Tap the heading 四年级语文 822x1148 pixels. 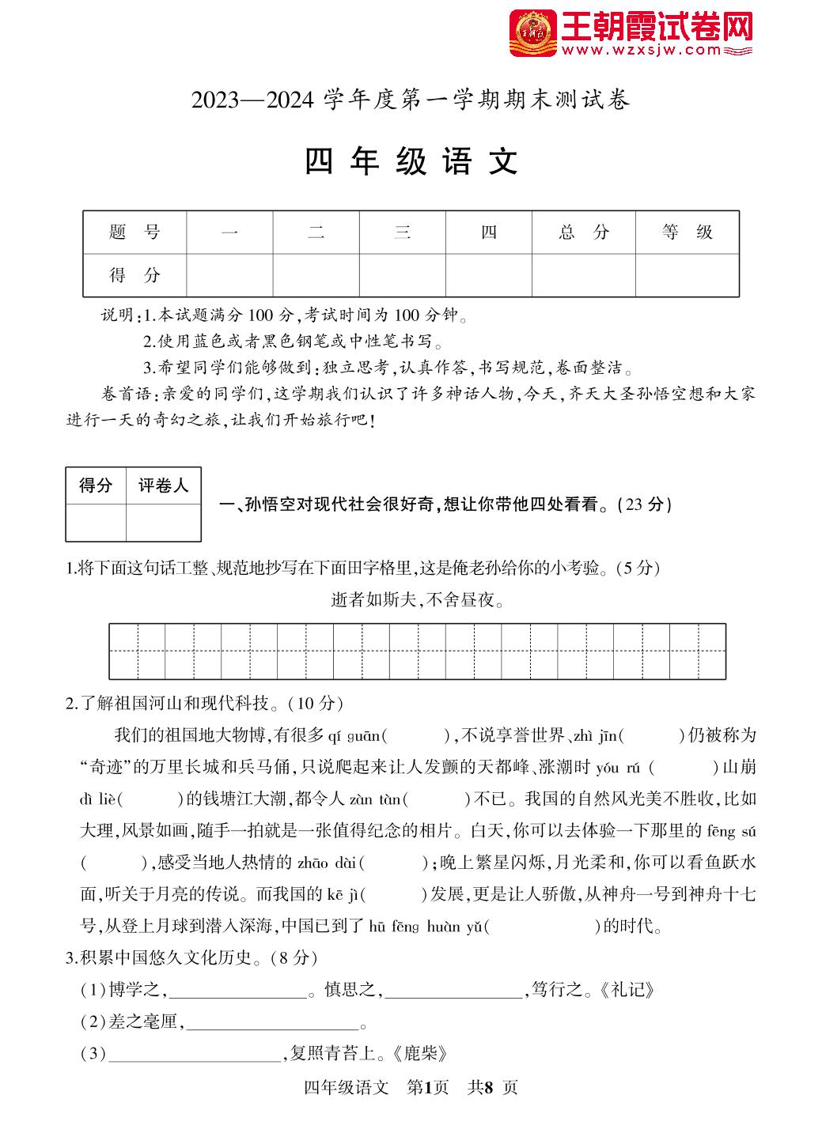[x=411, y=161]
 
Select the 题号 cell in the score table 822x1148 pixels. [x=134, y=232]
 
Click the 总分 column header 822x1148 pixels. [x=583, y=232]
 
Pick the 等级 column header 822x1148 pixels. [x=687, y=232]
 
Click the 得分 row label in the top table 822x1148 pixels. [x=134, y=275]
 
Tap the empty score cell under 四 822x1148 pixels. [x=488, y=275]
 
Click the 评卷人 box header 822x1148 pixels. [x=164, y=485]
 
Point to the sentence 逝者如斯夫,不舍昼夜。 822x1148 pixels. [x=418, y=600]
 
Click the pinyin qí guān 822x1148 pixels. [x=354, y=736]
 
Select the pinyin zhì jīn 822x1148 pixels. [x=593, y=736]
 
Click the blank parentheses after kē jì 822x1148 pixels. [x=396, y=895]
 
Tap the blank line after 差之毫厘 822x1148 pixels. [x=273, y=1023]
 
